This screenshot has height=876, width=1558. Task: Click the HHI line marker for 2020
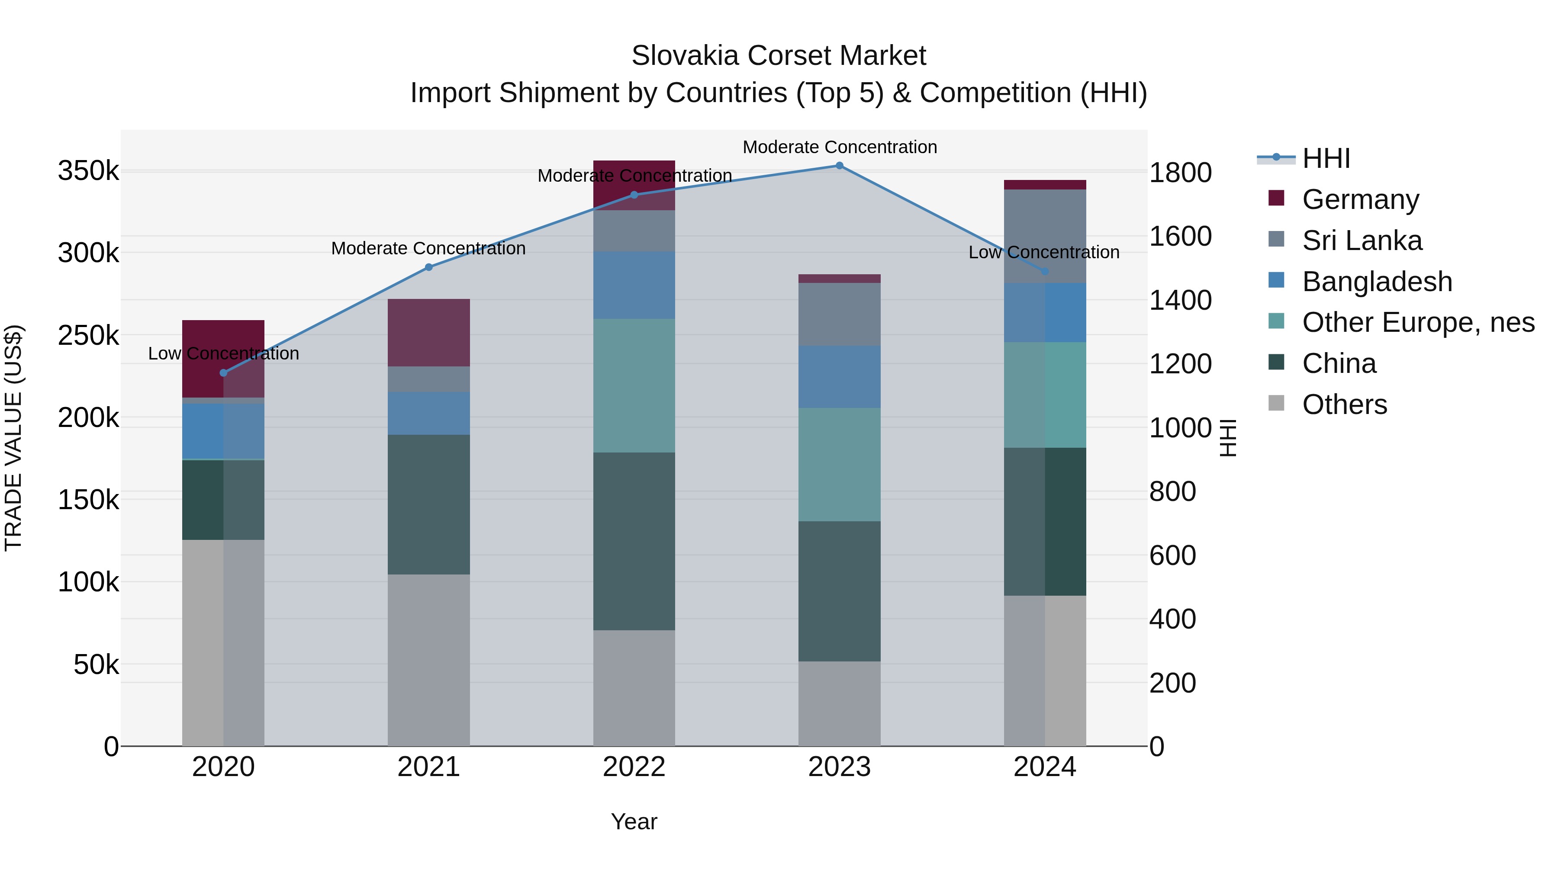point(223,373)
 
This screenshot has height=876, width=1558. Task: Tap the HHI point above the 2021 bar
point(429,267)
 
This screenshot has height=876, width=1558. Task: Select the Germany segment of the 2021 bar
point(429,333)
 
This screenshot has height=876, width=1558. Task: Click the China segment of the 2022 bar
point(634,541)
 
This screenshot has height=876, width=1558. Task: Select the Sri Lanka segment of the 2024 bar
point(1045,236)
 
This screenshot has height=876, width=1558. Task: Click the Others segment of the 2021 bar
point(429,660)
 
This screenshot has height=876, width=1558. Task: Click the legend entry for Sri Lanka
point(1362,241)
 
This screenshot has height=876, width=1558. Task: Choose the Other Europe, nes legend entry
point(1418,323)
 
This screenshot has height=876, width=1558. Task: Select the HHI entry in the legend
point(1326,158)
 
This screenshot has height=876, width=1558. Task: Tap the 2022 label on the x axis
point(634,767)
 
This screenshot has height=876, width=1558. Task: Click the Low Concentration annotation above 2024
point(1044,253)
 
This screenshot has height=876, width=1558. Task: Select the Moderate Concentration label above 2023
point(840,148)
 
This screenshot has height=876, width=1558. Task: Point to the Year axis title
point(634,821)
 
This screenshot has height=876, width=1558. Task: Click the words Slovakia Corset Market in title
point(779,56)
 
